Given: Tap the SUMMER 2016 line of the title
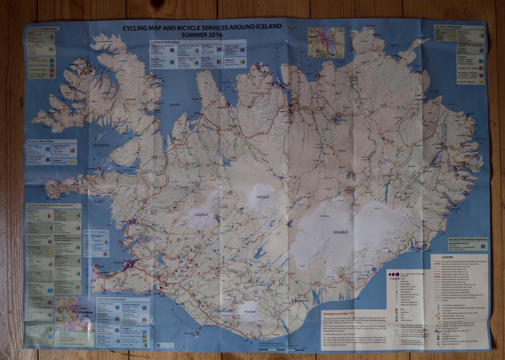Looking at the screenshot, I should pos(202,35).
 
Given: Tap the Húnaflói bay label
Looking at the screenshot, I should pos(175,105).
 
